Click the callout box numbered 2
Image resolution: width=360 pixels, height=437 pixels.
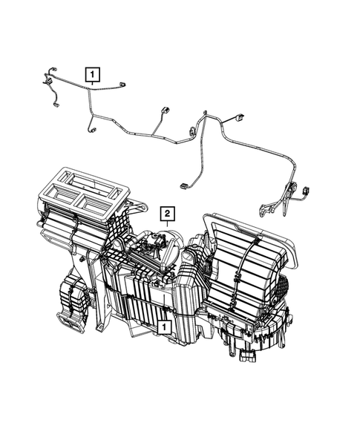168,216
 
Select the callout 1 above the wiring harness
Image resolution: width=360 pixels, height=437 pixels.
92,74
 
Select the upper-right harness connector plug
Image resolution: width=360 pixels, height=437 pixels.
240,119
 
